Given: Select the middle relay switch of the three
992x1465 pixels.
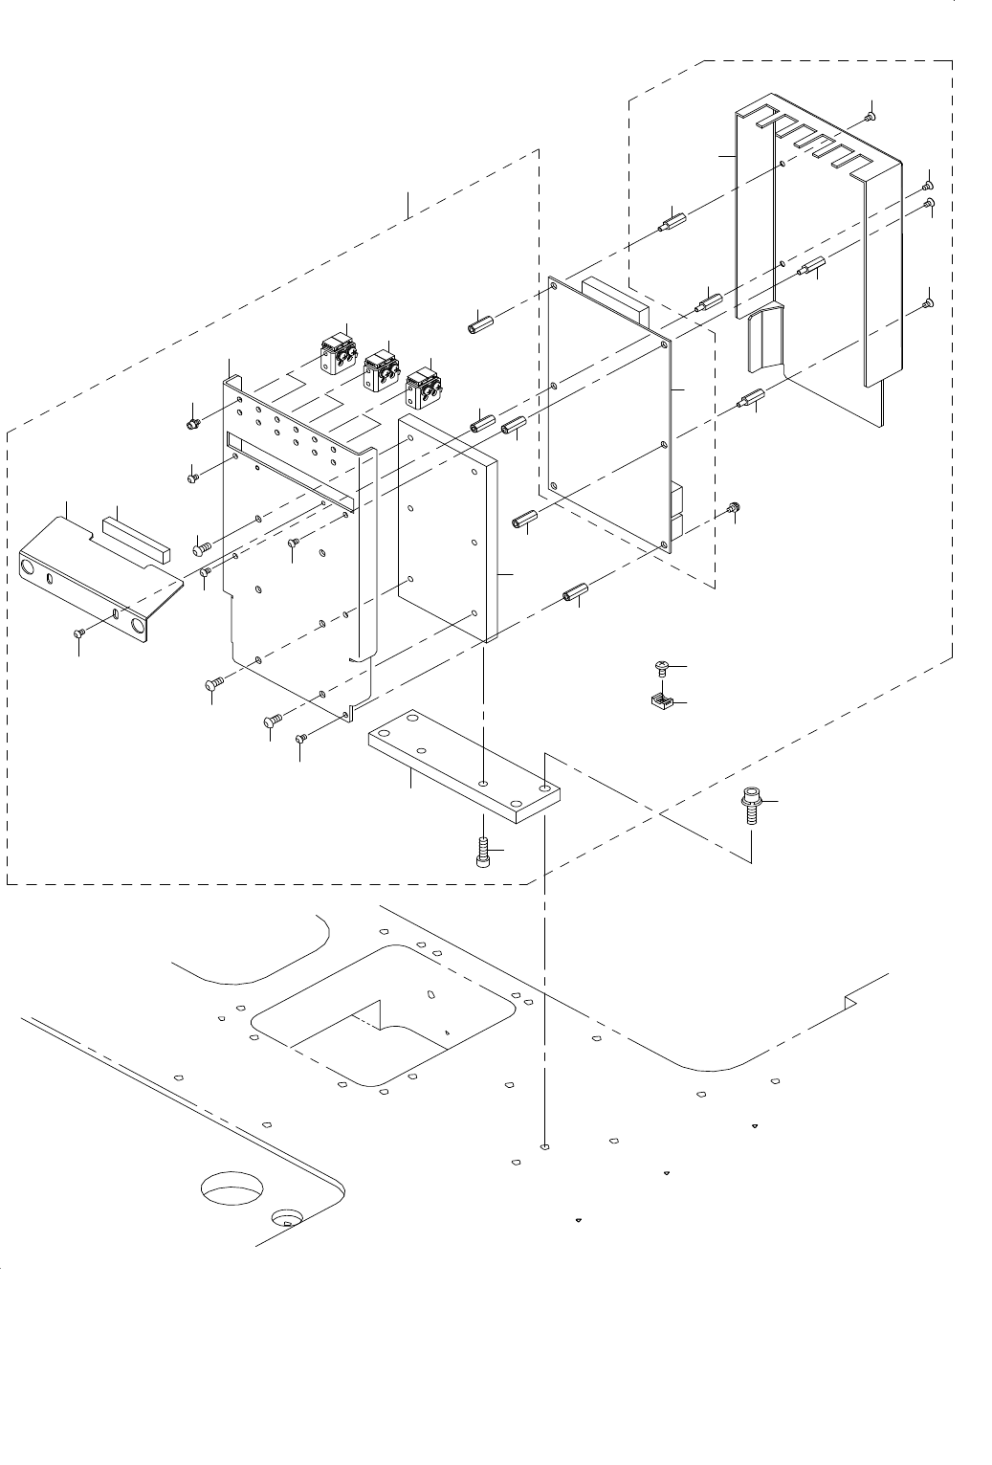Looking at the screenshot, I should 380,368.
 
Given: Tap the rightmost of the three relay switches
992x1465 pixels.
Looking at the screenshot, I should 424,389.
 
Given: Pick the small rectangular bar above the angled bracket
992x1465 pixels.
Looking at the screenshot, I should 135,537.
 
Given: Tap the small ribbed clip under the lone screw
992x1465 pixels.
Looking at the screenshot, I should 658,704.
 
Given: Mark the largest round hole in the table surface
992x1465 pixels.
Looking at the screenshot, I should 234,1190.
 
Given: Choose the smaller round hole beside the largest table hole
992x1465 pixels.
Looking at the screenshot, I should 287,1217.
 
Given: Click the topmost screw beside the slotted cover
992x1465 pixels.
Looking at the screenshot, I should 870,117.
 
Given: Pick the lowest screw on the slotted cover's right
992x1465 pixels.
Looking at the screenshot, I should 928,303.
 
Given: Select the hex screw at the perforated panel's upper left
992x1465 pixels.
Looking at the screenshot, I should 192,422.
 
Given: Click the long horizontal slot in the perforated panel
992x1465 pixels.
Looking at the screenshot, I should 287,467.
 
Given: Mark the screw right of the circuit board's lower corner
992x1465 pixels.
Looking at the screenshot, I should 734,507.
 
